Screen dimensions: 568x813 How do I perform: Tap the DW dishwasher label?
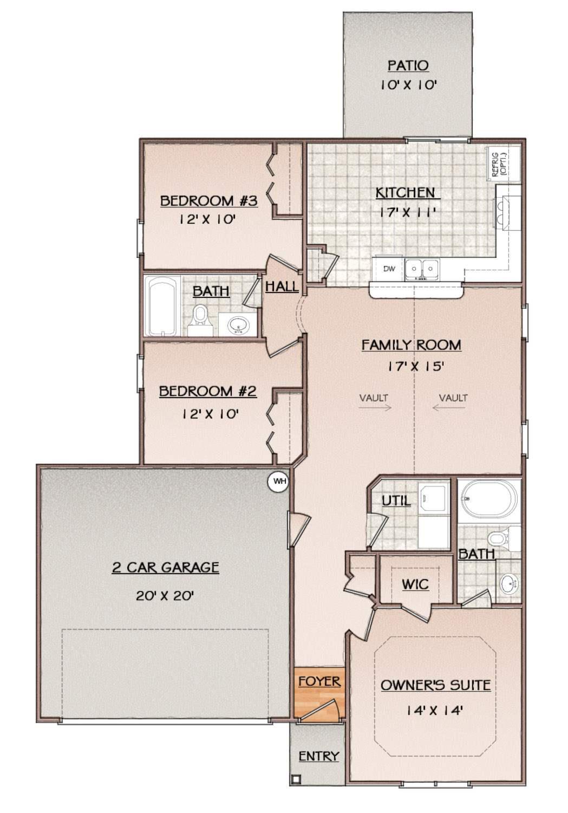tap(389, 269)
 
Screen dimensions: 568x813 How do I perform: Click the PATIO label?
tap(408, 66)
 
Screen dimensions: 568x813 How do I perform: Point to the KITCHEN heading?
tap(405, 193)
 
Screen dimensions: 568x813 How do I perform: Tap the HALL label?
tap(282, 287)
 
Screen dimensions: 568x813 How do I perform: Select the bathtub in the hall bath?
tap(162, 305)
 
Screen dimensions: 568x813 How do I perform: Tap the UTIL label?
tap(396, 501)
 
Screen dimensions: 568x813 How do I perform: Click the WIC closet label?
tap(415, 584)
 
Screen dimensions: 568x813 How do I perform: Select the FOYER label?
tap(319, 681)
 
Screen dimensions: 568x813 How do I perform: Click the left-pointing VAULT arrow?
tap(448, 407)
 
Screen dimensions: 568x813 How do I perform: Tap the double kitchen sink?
tap(422, 270)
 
